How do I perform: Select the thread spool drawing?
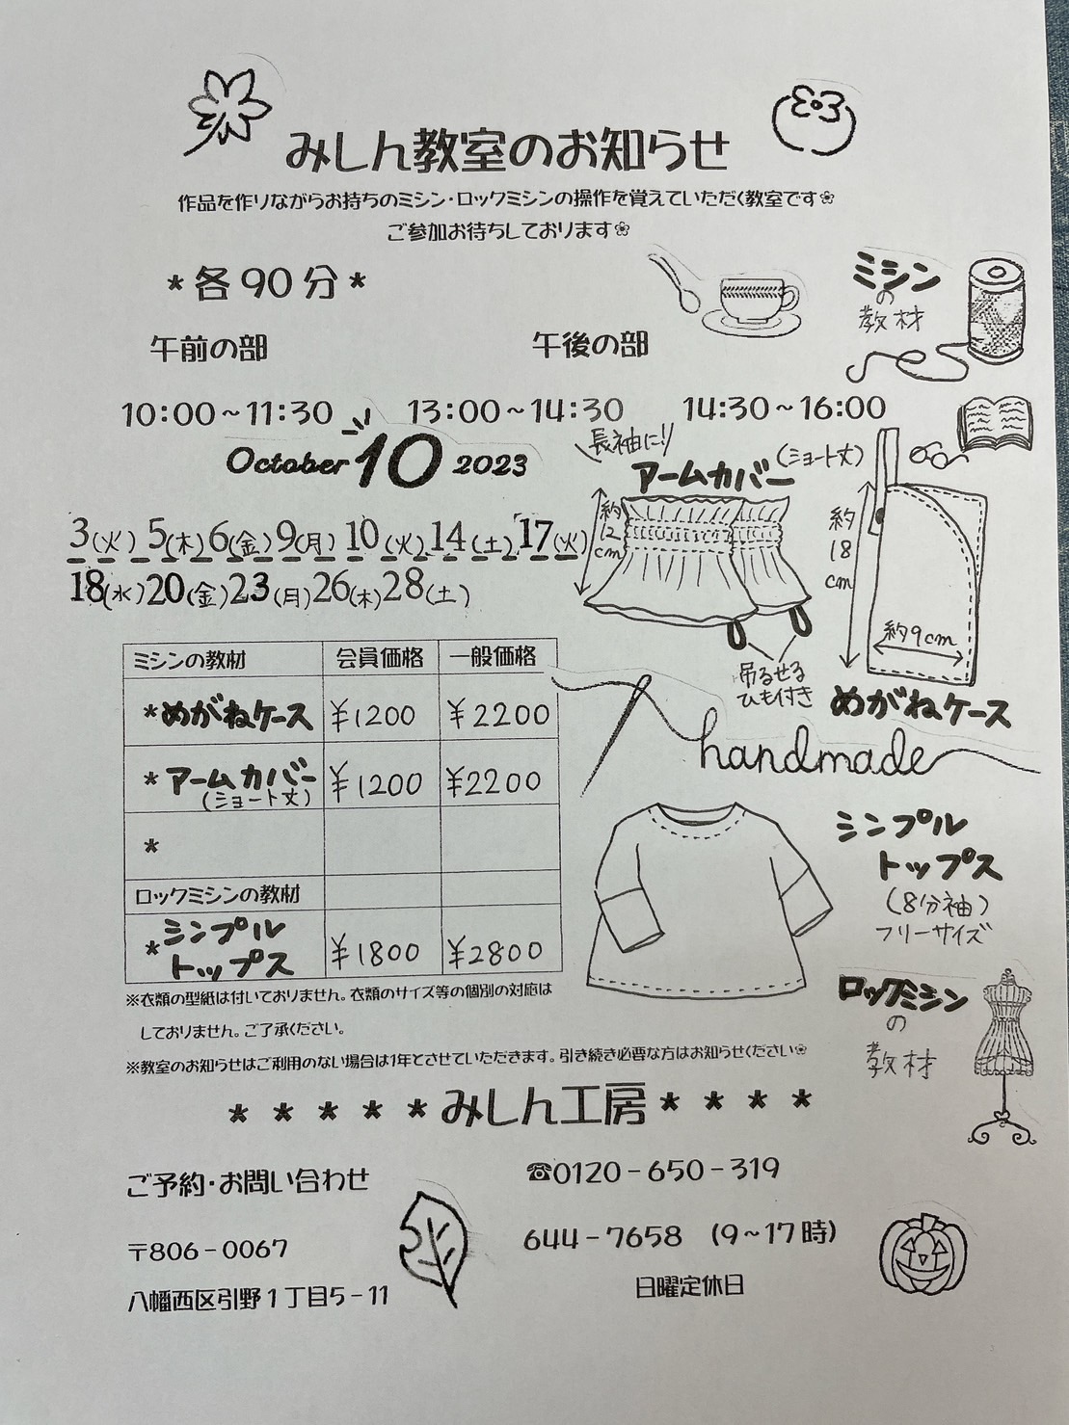click(994, 308)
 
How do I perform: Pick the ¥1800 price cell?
click(376, 952)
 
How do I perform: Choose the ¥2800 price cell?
click(495, 951)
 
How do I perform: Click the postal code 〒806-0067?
click(209, 1249)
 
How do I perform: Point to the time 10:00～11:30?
click(227, 413)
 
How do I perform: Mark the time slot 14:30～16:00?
click(785, 409)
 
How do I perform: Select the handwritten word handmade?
click(812, 755)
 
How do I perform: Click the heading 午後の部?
click(590, 345)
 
